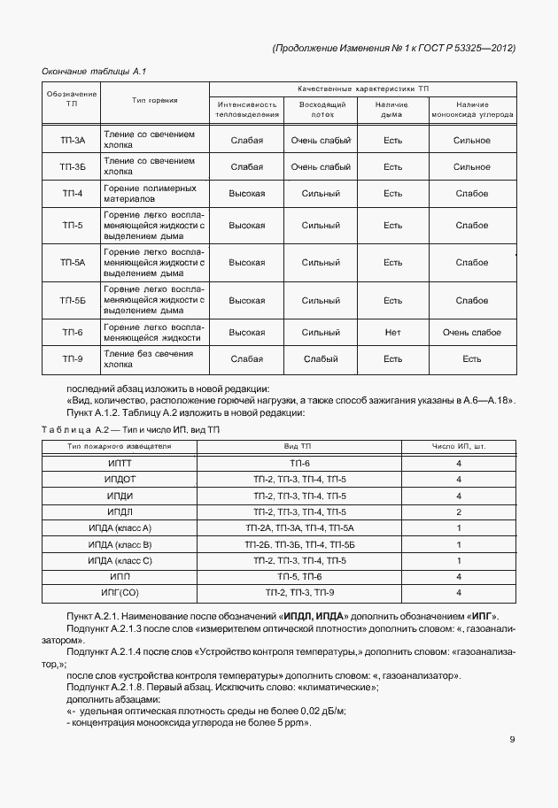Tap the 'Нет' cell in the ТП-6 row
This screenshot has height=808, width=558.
pos(393,333)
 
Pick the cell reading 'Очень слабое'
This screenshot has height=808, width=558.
pos(471,333)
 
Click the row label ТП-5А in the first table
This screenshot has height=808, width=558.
pos(73,263)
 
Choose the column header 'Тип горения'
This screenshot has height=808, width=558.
pos(154,100)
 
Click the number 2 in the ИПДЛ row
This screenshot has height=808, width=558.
pos(459,512)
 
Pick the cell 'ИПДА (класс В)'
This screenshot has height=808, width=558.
pos(120,544)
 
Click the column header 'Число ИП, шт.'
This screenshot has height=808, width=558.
pos(459,446)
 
